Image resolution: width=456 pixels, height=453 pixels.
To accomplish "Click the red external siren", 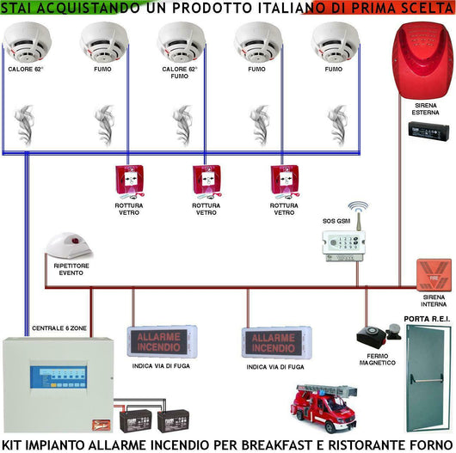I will coord(421,60).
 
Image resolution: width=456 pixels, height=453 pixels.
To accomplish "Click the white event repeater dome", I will coord(68,245).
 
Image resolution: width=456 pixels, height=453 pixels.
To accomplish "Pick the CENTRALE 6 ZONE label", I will coord(60,328).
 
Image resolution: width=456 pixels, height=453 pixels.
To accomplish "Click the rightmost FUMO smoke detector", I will coord(334,40).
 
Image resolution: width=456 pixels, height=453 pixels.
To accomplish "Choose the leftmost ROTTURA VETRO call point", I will coord(129,181).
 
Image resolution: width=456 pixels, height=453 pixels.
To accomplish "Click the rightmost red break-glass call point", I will coord(283,181).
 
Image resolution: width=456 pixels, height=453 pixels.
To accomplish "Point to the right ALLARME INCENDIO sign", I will coord(274,341).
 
